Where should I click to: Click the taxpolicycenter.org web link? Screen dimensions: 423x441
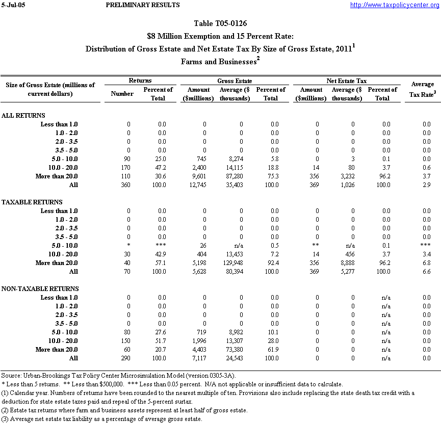(x=395, y=5)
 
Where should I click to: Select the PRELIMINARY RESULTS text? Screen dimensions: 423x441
(x=142, y=5)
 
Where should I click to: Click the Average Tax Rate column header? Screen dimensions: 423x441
(x=422, y=89)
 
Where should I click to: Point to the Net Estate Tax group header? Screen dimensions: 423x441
(x=346, y=81)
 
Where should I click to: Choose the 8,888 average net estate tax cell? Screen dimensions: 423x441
(x=353, y=263)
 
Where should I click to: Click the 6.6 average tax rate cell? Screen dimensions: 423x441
(x=426, y=272)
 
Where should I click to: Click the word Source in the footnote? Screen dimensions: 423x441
(x=11, y=376)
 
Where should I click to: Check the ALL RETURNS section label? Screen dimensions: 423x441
(x=23, y=116)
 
